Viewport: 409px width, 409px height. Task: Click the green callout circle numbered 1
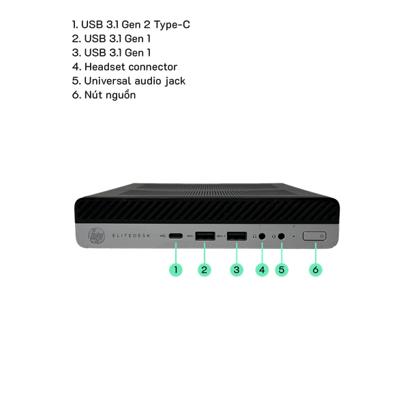tap(176, 269)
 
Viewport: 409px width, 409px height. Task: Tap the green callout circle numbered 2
tap(204, 269)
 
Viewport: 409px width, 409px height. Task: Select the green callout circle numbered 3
tap(237, 269)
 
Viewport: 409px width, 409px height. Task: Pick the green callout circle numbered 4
tap(262, 269)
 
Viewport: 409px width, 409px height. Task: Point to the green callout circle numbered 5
tap(282, 269)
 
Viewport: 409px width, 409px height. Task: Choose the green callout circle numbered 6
tap(316, 269)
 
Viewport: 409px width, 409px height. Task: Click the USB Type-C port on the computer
tap(176, 236)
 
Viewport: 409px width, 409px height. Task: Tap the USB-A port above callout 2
tap(205, 236)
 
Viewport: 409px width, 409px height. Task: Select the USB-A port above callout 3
tap(237, 236)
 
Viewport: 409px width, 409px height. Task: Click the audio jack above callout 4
tap(262, 237)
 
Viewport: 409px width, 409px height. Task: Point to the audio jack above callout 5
tap(281, 237)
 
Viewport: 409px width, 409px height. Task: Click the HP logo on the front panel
tap(97, 236)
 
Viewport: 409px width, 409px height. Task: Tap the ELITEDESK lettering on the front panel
tap(132, 236)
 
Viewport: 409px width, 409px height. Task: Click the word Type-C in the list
tap(172, 25)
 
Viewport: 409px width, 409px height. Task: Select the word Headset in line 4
tap(106, 67)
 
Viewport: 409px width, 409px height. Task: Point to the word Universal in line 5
tap(108, 81)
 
